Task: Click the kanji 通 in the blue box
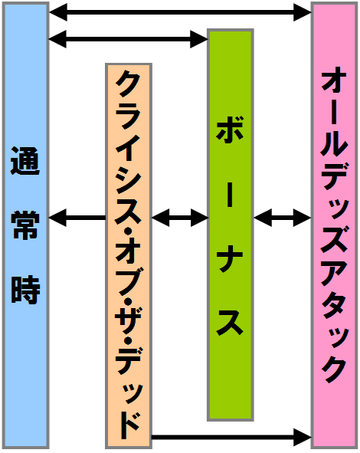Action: (25, 161)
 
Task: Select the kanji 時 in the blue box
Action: (25, 290)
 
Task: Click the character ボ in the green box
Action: (230, 130)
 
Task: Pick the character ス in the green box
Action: (230, 323)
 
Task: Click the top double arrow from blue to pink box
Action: (180, 12)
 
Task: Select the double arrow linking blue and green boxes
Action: (128, 39)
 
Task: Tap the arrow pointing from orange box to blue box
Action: (77, 218)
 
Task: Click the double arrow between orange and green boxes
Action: (180, 218)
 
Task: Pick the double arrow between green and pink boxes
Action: (283, 218)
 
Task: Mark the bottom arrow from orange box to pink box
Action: (231, 437)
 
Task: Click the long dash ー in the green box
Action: (230, 194)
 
